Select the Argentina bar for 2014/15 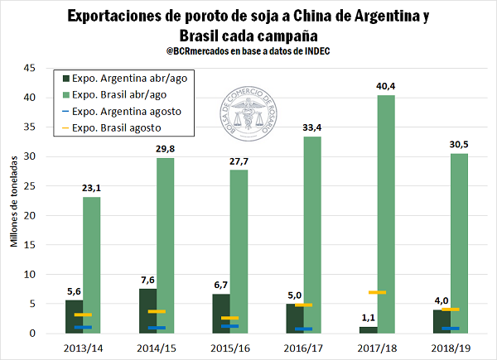click(x=147, y=310)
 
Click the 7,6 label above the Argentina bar click(x=147, y=278)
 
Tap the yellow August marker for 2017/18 click(x=377, y=292)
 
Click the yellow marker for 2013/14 click(x=83, y=314)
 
